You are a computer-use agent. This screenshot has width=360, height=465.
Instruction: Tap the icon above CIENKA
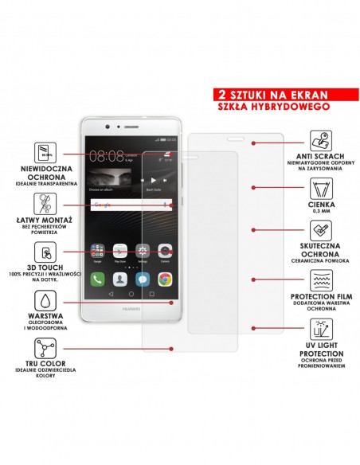[319, 190]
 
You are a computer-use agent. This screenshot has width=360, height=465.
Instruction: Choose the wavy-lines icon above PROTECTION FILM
[319, 280]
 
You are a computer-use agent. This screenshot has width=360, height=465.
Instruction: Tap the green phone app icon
[97, 279]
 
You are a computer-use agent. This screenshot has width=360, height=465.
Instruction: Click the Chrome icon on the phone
[165, 279]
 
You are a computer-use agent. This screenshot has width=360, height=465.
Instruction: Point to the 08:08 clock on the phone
[105, 156]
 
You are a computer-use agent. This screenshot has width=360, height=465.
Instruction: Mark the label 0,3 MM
[319, 212]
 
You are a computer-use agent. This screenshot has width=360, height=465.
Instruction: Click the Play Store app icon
[119, 250]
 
